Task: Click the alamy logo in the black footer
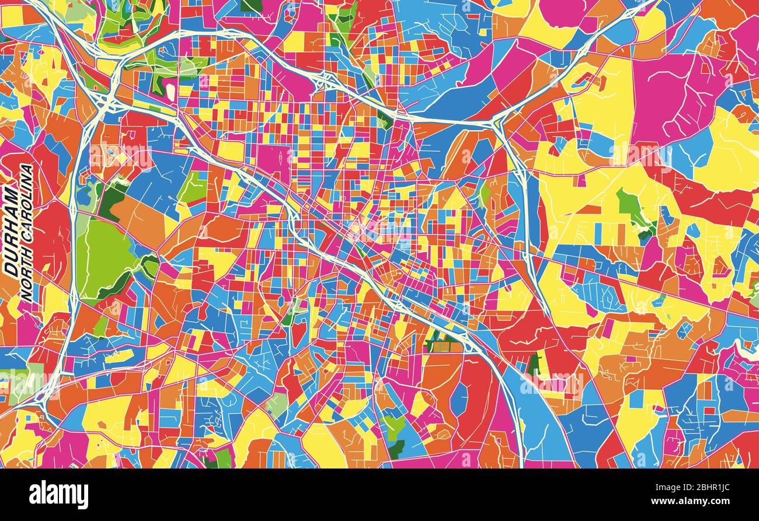(58, 495)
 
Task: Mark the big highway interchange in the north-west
(108, 102)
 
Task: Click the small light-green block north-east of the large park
(193, 187)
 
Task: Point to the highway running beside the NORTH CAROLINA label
(73, 233)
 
